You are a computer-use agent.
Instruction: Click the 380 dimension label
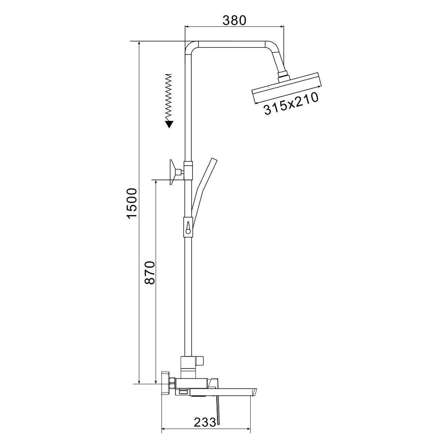[x=234, y=21]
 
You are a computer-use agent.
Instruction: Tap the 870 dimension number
[x=150, y=273]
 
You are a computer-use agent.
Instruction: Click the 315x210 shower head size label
[x=291, y=103]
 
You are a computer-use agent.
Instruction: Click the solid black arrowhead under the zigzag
[x=169, y=124]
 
